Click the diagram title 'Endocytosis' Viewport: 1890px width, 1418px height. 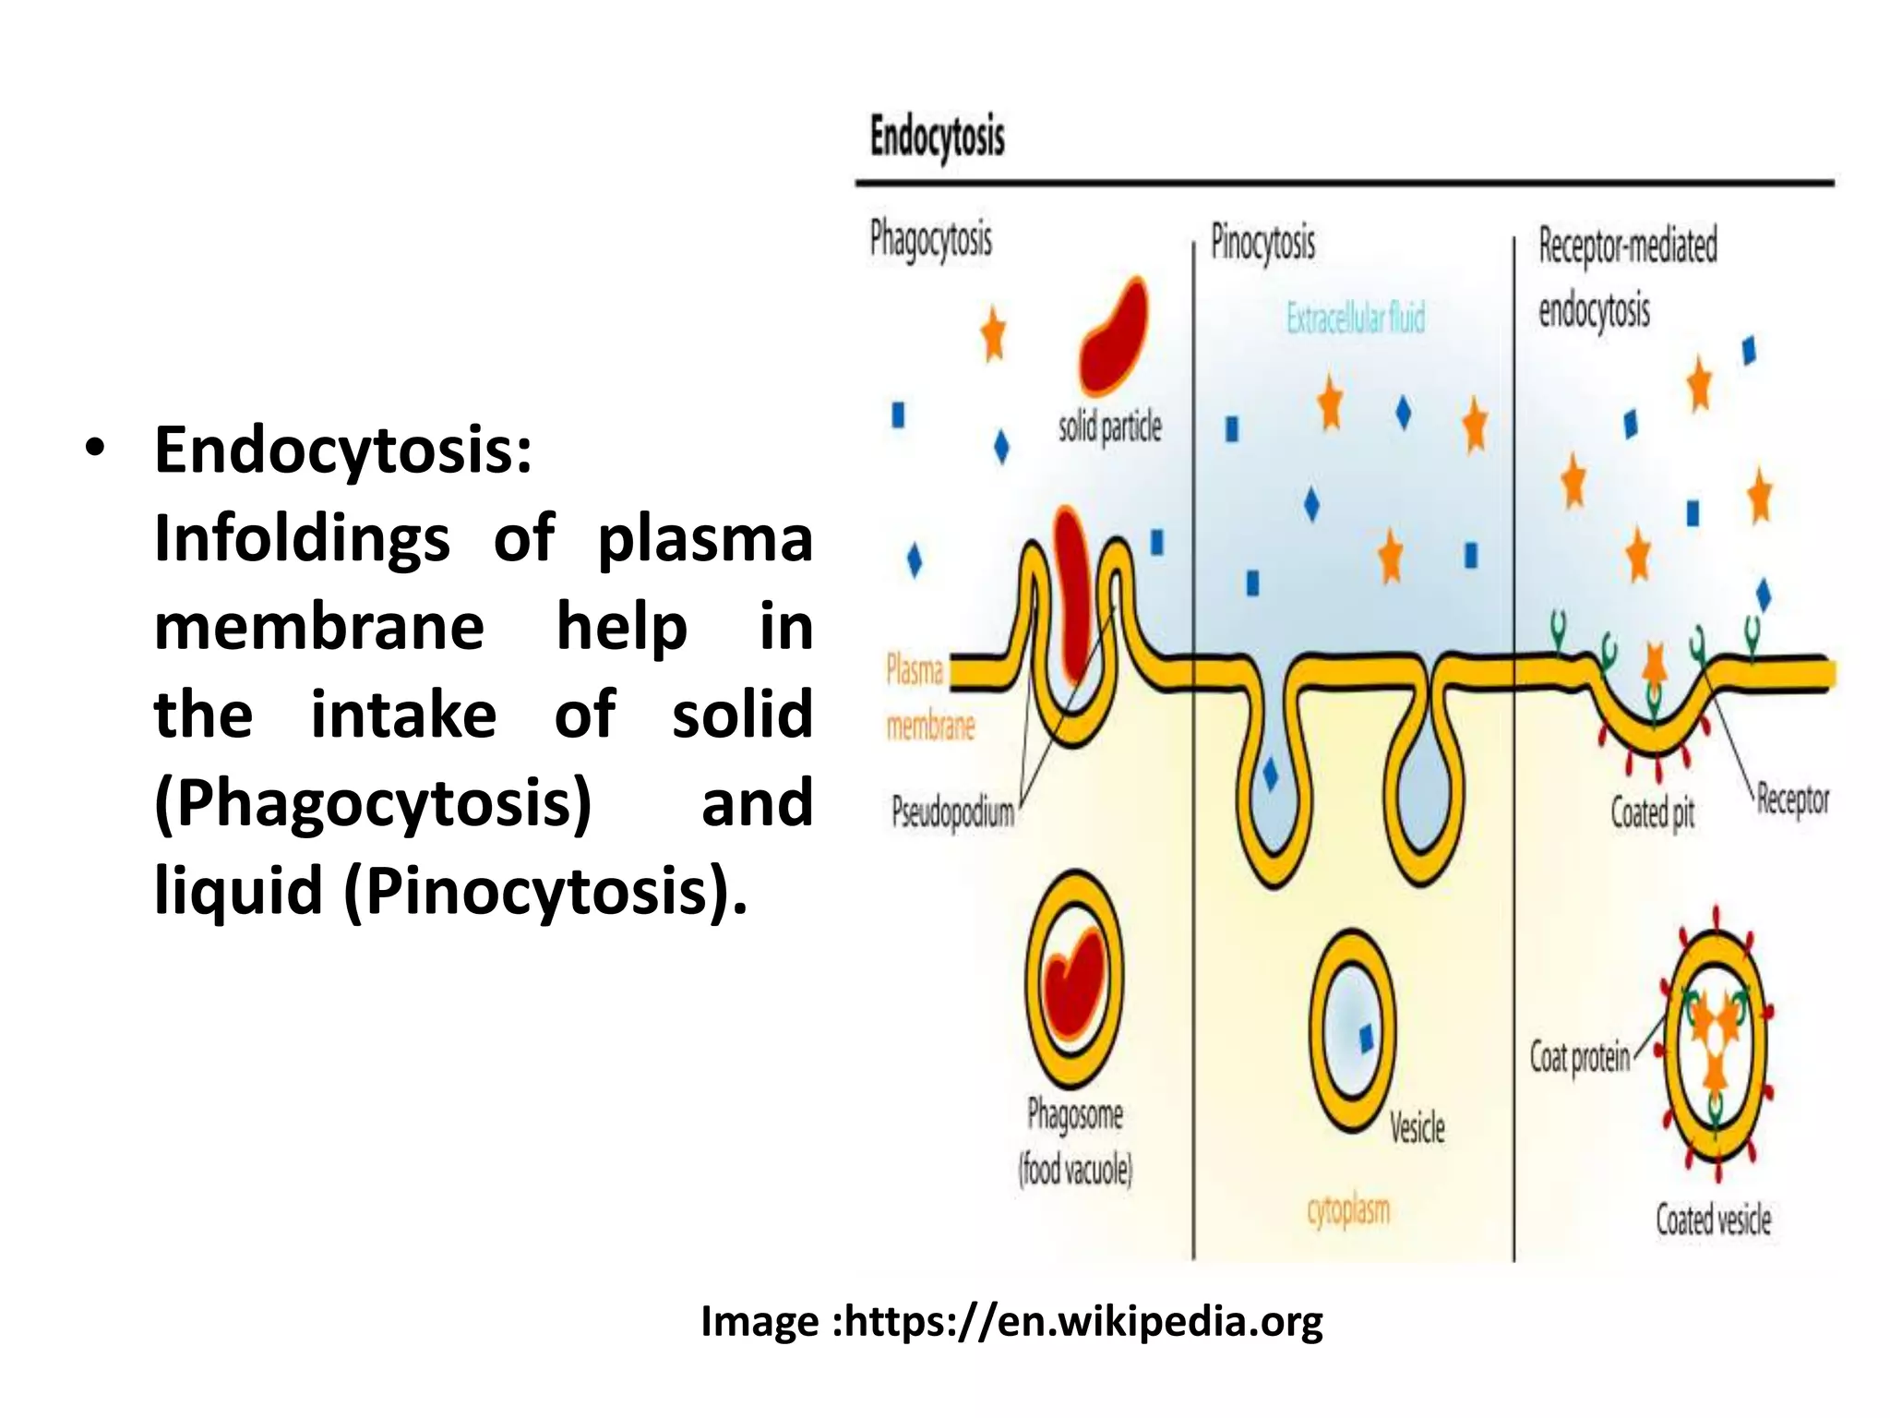937,138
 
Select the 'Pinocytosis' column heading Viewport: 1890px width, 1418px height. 1262,243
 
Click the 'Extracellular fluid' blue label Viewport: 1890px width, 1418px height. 1356,318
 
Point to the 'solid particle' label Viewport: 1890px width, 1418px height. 1109,428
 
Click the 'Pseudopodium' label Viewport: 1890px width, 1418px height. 952,813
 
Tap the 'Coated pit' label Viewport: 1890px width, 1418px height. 1652,813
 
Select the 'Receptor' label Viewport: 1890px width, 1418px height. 1792,799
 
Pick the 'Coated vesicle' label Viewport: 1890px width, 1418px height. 1713,1220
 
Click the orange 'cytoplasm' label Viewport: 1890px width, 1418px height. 1348,1210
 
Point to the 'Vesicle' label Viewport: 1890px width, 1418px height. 1417,1128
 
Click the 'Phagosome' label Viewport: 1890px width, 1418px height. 1075,1114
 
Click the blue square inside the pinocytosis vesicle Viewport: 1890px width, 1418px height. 1367,1040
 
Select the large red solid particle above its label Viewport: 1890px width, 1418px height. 1114,337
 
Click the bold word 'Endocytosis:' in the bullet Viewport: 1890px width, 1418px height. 343,451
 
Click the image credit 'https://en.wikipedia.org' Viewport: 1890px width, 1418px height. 1083,1321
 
